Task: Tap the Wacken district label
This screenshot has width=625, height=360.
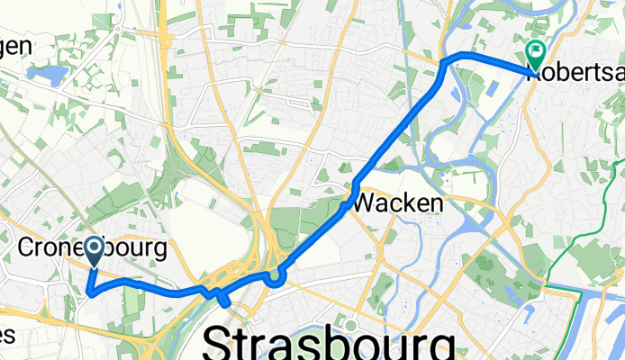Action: (x=397, y=204)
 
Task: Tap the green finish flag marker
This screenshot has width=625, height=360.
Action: (x=535, y=54)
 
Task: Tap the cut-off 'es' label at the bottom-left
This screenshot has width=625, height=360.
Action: (x=7, y=335)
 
